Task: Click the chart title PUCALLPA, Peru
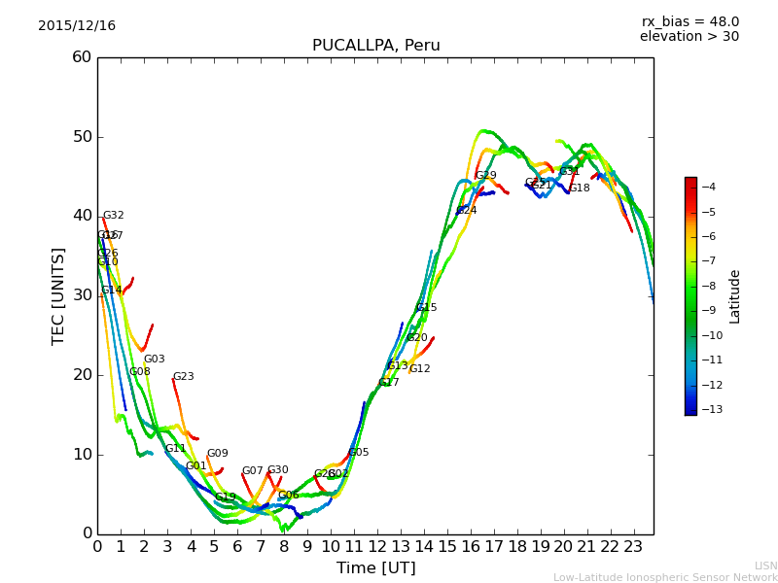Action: point(375,46)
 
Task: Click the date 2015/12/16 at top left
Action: point(77,26)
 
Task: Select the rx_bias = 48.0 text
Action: point(690,22)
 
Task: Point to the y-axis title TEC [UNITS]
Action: point(58,295)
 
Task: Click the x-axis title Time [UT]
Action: point(375,568)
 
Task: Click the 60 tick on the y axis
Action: point(82,57)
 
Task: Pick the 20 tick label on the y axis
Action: point(82,375)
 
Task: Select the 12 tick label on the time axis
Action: point(377,546)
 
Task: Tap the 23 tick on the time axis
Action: point(633,546)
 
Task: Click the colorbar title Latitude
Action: point(735,296)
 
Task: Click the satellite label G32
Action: point(114,216)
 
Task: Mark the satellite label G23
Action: point(184,377)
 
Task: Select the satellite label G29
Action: point(486,176)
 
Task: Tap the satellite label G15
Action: point(427,308)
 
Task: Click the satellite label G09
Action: point(218,454)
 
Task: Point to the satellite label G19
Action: point(226,497)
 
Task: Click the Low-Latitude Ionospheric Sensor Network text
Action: point(665,578)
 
